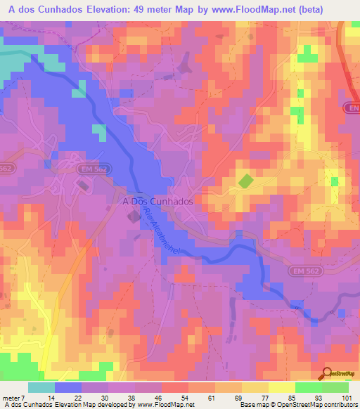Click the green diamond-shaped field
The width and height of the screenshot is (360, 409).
tap(245, 181)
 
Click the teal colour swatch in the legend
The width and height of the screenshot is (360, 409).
tap(41, 387)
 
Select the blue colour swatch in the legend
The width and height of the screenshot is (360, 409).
tap(68, 387)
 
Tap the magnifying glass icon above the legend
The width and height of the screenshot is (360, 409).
tap(326, 374)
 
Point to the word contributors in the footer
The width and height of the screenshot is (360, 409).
tap(338, 405)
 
